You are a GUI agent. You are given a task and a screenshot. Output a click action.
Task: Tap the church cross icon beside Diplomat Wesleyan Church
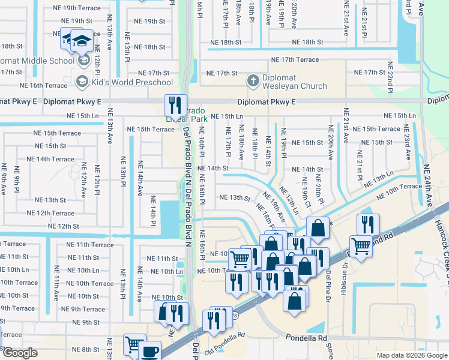pyautogui.click(x=253, y=80)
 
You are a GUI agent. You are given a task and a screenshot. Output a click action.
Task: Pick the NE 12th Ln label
pyautogui.click(x=290, y=200)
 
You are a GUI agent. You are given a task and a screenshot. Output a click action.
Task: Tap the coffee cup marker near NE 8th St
pyautogui.click(x=150, y=351)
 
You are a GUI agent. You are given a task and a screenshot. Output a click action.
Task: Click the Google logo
pyautogui.click(x=19, y=353)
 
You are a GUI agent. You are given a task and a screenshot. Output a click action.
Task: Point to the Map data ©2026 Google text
pyautogui.click(x=411, y=355)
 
